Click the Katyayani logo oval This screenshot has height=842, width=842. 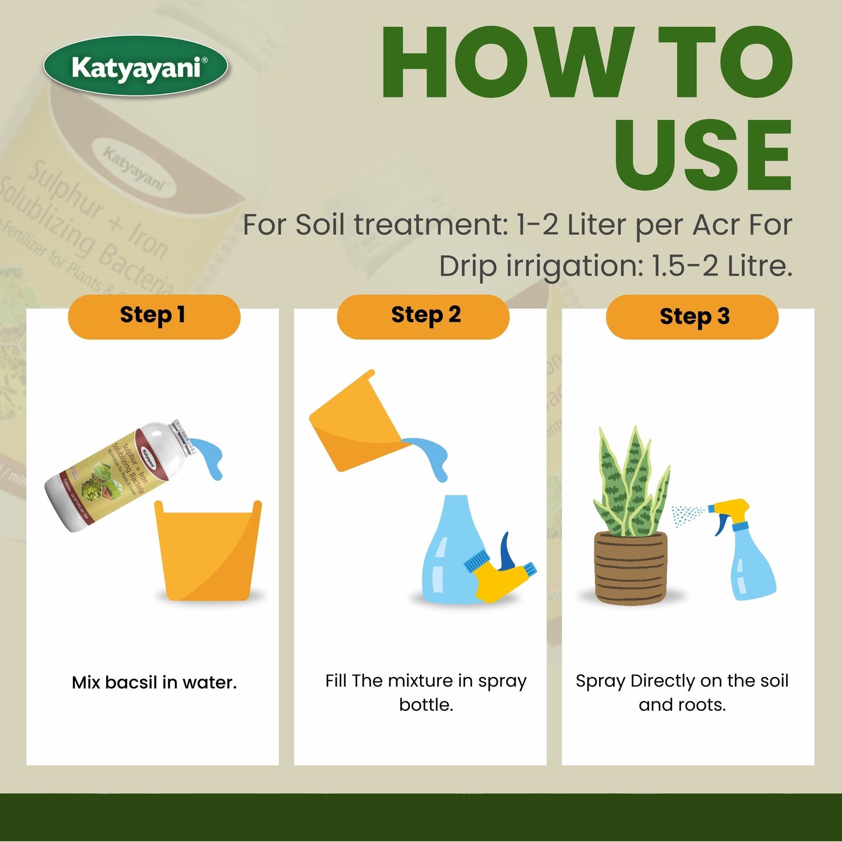point(135,66)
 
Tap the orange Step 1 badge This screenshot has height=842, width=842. point(154,316)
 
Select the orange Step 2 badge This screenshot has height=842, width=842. point(424,316)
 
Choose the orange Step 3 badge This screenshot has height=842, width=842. point(692,317)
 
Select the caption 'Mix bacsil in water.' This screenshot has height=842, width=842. point(154,682)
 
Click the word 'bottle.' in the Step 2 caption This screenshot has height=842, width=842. point(426,705)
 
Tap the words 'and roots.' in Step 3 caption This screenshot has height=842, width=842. point(682,705)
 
